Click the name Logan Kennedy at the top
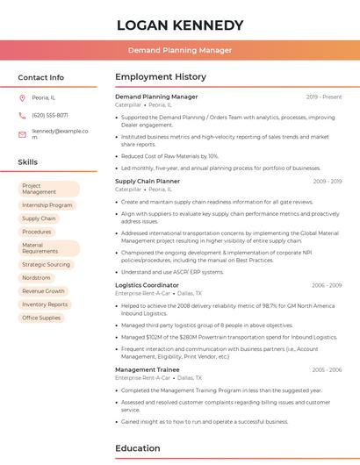pos(180,25)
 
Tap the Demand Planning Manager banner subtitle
pos(180,50)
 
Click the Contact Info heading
pos(40,77)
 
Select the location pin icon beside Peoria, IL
pos(22,97)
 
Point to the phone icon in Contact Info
pos(22,115)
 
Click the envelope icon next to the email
pos(22,133)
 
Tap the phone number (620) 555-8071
pos(49,115)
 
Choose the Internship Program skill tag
pos(47,205)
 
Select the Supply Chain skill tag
pos(39,218)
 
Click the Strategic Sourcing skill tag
pos(46,264)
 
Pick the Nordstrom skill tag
pos(36,277)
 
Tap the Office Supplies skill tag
pos(41,318)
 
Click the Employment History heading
pos(160,77)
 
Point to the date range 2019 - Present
pos(324,97)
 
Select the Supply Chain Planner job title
pos(147,181)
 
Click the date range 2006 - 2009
pos(326,285)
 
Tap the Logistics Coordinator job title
pos(147,285)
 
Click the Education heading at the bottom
pos(137,448)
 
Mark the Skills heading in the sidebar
pos(27,162)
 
